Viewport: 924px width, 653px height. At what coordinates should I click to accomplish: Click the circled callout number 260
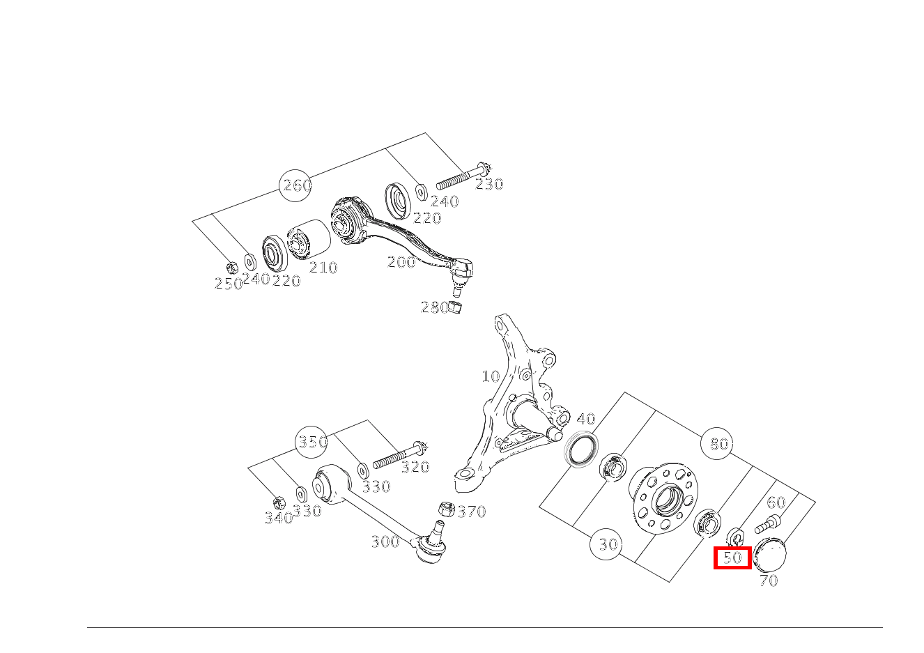click(x=295, y=185)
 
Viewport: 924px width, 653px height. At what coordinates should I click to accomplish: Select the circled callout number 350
click(x=311, y=442)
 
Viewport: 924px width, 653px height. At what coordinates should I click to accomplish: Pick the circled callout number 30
click(x=606, y=544)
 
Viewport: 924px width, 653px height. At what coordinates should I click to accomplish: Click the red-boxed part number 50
click(x=732, y=558)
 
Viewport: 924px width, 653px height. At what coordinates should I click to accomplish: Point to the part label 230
click(x=489, y=184)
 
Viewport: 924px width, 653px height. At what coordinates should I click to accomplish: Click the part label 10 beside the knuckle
click(x=491, y=376)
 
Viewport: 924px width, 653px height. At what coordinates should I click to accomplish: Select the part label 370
click(x=472, y=512)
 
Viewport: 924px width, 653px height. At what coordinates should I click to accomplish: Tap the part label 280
click(x=434, y=307)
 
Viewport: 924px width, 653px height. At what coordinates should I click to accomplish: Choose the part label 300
click(x=385, y=541)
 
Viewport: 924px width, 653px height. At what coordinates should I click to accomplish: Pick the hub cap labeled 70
click(x=769, y=555)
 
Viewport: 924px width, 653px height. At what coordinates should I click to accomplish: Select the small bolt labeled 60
click(x=768, y=525)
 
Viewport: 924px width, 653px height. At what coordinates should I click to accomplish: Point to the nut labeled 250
click(x=232, y=268)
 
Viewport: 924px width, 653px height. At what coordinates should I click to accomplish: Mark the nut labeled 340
click(x=279, y=503)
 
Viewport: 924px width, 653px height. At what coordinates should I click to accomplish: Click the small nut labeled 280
click(x=454, y=307)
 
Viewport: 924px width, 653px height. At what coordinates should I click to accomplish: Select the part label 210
click(x=323, y=268)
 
